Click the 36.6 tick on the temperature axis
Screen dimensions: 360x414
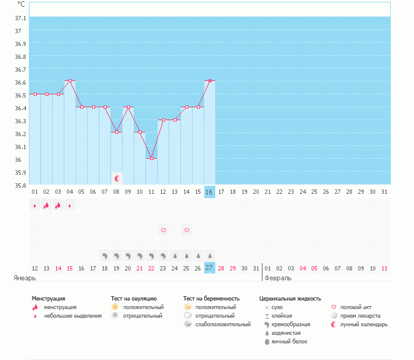tap(20, 82)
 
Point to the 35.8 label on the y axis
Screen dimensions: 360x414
tap(20, 185)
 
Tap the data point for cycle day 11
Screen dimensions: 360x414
tap(151, 158)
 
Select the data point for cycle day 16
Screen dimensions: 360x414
tap(210, 80)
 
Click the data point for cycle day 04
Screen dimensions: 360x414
tap(70, 80)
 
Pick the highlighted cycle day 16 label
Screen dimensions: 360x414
tap(210, 192)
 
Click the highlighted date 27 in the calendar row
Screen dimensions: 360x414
tap(210, 268)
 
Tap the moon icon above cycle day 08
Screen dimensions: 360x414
tap(117, 178)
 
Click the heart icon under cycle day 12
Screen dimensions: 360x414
tap(163, 230)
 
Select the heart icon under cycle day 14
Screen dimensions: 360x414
tap(186, 230)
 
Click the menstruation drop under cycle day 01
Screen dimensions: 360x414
tap(35, 205)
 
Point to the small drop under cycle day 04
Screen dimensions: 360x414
tap(70, 205)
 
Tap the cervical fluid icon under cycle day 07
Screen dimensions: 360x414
tap(105, 255)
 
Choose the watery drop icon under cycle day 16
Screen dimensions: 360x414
tap(210, 255)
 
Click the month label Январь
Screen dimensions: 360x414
tap(25, 278)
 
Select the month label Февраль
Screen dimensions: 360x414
tap(278, 278)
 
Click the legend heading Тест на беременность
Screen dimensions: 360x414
tap(211, 298)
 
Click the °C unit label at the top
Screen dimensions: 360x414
tap(21, 4)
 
